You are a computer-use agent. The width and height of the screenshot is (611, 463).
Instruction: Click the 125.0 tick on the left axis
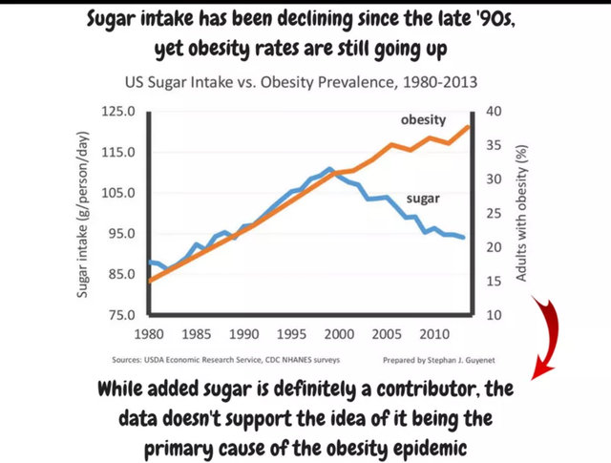click(118, 112)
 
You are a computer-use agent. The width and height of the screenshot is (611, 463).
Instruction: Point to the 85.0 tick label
click(121, 274)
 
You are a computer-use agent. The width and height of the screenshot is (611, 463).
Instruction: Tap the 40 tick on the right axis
click(494, 112)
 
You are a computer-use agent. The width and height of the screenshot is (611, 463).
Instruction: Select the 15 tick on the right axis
click(494, 281)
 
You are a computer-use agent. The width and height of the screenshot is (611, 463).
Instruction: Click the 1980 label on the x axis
click(149, 334)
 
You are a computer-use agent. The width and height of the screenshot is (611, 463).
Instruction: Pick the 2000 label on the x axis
click(340, 334)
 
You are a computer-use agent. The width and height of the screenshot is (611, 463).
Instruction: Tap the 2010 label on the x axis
click(434, 334)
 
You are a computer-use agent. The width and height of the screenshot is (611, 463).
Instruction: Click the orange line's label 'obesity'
click(423, 120)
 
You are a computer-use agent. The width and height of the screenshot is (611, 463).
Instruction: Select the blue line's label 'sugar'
click(423, 199)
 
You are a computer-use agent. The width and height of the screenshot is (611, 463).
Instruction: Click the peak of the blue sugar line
click(329, 169)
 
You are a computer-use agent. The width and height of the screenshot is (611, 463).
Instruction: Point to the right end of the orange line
click(469, 127)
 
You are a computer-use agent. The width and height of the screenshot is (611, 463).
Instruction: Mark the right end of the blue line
click(463, 237)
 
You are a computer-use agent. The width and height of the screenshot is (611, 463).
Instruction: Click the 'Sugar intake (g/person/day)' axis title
click(82, 215)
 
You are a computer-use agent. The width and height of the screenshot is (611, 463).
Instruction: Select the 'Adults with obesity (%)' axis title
click(521, 213)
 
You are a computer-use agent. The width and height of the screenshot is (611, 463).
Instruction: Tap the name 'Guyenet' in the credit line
click(479, 361)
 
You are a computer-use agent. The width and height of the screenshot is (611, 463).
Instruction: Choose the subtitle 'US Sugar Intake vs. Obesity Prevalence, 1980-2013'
click(302, 83)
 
